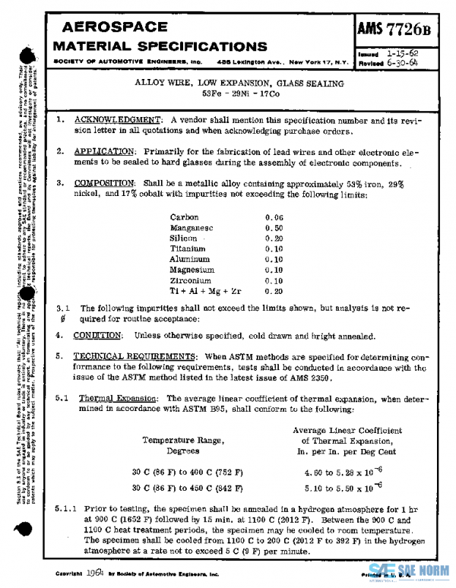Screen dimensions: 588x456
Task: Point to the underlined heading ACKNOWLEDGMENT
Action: (118, 120)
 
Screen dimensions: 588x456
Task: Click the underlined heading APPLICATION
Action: (106, 151)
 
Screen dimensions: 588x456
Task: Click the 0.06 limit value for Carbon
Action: (274, 217)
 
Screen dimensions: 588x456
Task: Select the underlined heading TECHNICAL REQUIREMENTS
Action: (134, 356)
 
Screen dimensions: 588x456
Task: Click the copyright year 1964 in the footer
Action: (95, 574)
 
